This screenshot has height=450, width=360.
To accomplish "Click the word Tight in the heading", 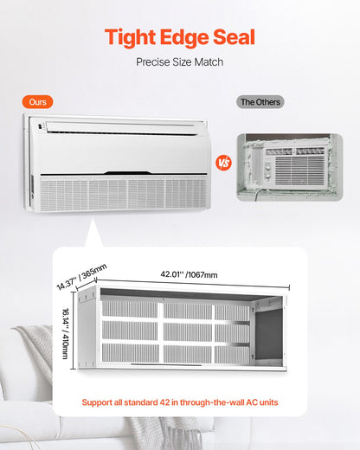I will point(132,36).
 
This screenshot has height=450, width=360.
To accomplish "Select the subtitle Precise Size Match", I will point(180,62).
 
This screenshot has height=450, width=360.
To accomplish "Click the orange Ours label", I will point(37,102).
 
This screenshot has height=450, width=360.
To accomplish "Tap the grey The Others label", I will point(260,102).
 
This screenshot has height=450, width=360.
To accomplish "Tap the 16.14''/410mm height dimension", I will point(68,329).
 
